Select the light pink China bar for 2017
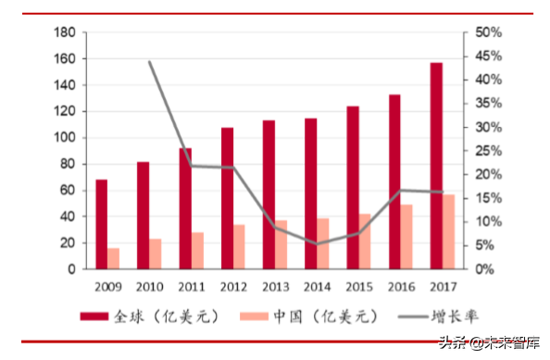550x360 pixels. point(448,232)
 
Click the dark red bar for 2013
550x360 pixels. point(269,195)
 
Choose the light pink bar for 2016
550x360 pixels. point(406,237)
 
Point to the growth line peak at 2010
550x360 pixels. point(150,62)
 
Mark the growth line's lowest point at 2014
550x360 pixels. point(317,243)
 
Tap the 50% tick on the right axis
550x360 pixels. point(488,32)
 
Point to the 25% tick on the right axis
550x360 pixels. point(488,151)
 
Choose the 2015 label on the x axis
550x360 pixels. point(358,286)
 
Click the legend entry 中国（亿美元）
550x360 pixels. point(311,317)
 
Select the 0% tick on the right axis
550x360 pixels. point(488,269)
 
